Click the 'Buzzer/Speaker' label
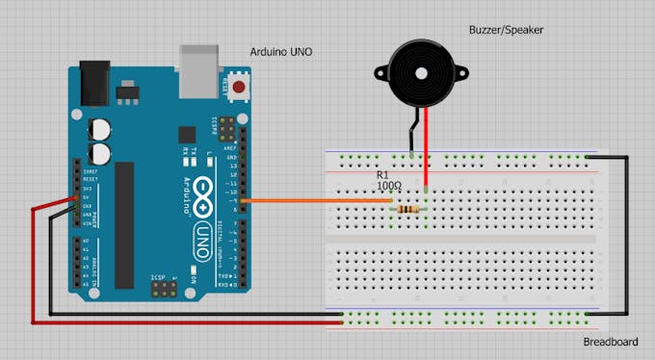(x=507, y=30)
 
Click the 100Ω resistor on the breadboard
(x=408, y=208)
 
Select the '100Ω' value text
(x=390, y=185)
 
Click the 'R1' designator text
(x=382, y=174)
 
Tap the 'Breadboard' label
(x=611, y=343)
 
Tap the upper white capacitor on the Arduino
(x=99, y=129)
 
